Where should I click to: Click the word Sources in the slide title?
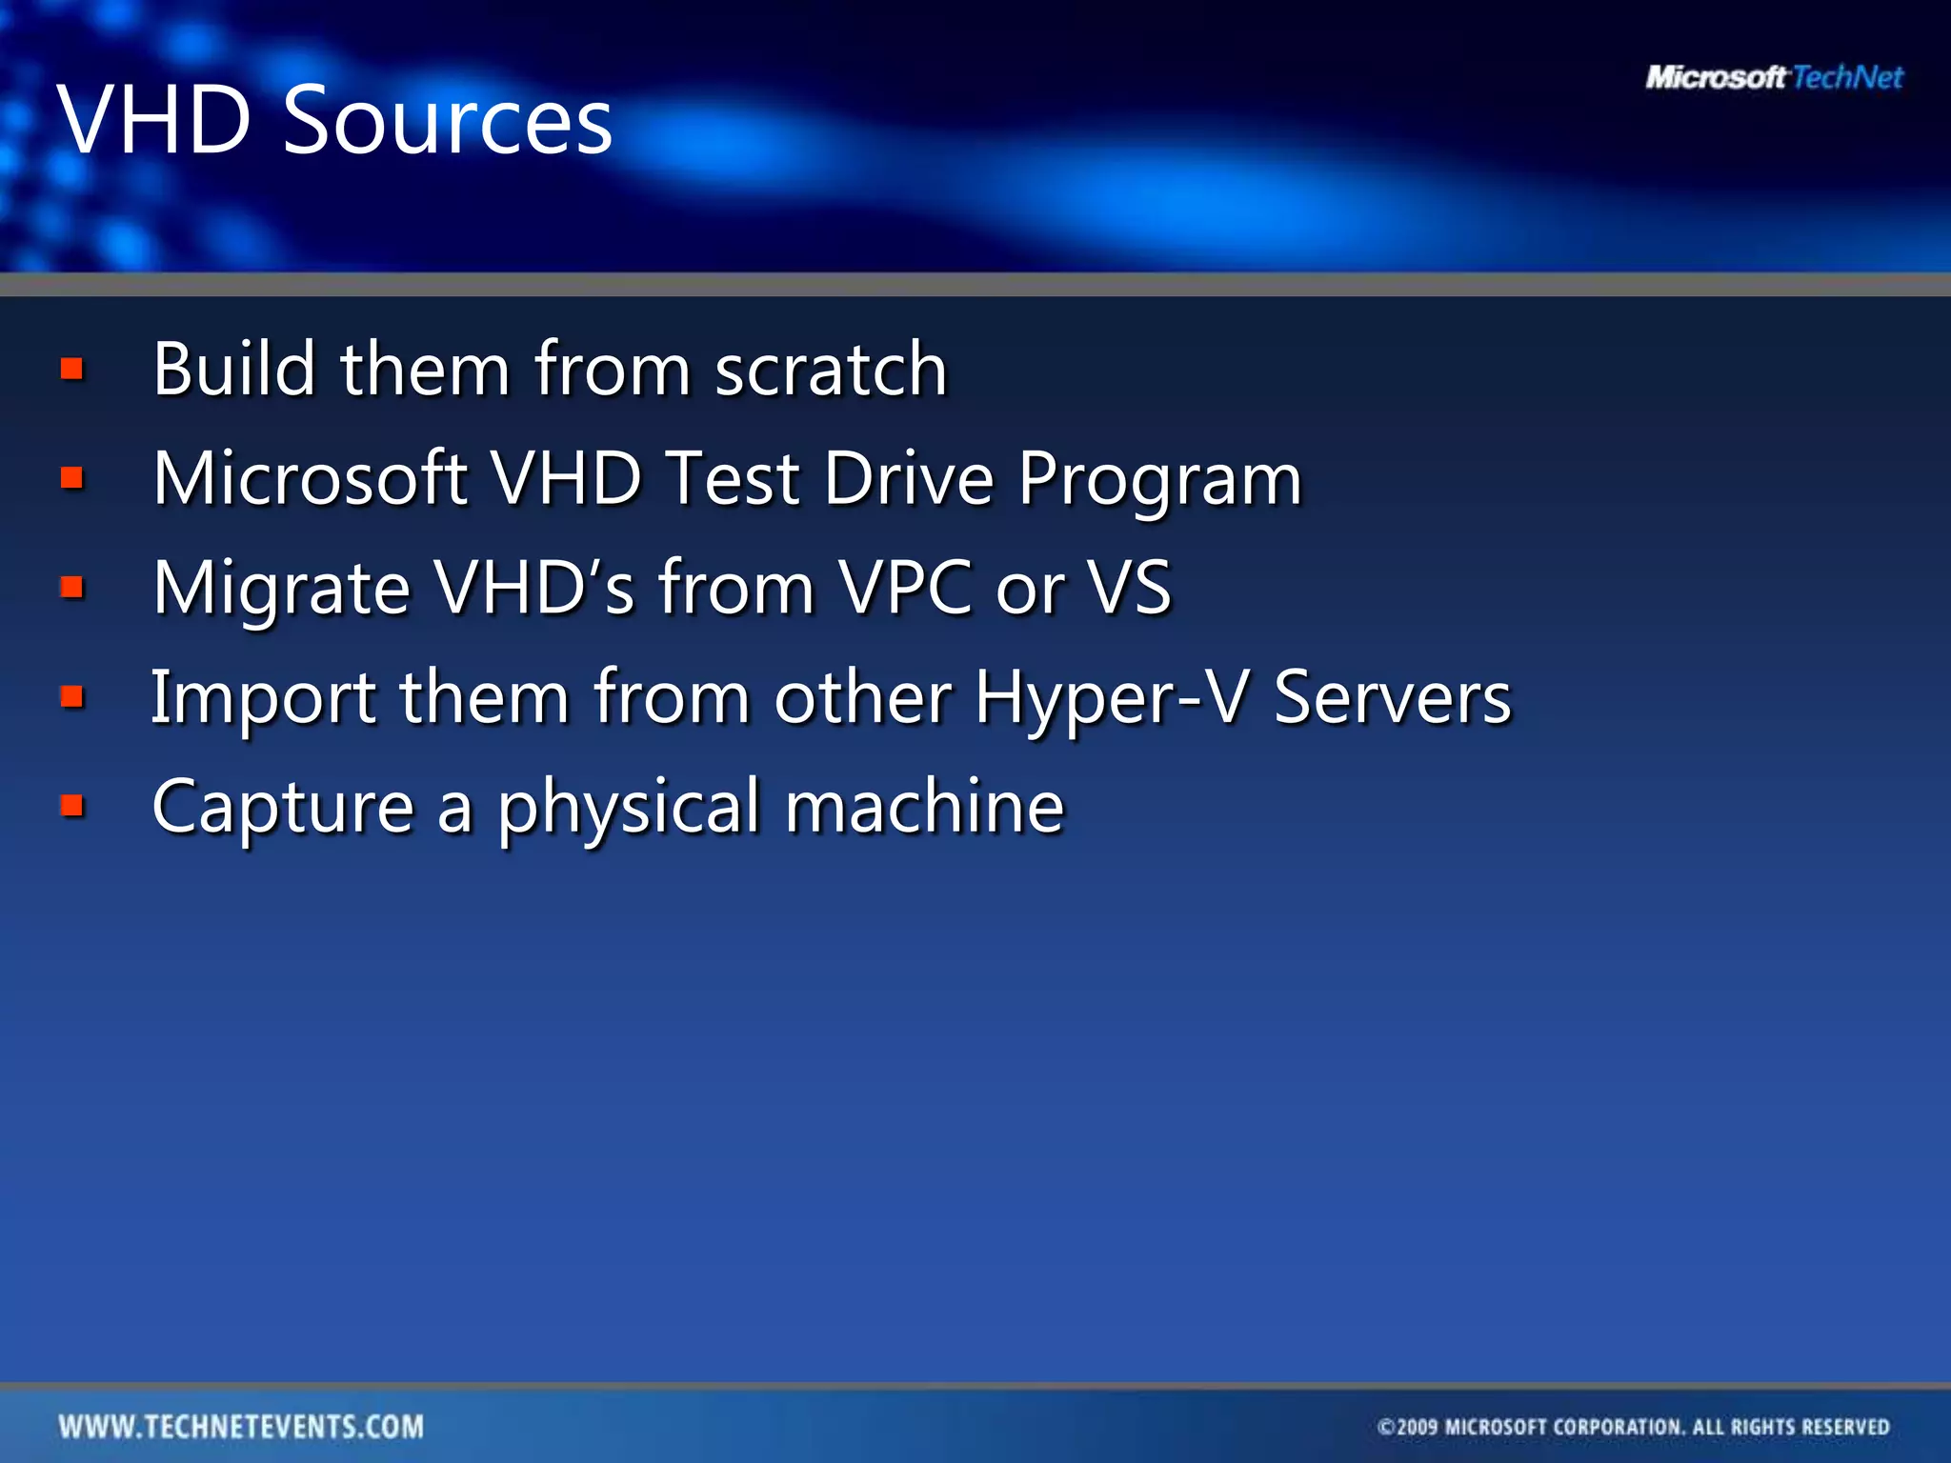[x=448, y=121]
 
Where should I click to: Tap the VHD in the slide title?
[x=153, y=121]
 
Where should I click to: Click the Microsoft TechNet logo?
[x=1774, y=77]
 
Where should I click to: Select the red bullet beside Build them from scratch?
[x=72, y=369]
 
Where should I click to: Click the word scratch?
[x=831, y=370]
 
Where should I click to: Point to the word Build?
[x=234, y=370]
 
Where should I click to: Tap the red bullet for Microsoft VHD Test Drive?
[x=72, y=477]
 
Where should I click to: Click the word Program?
[x=1159, y=479]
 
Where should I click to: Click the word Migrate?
[x=282, y=589]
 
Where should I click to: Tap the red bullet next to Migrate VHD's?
[x=72, y=587]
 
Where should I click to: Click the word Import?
[x=264, y=698]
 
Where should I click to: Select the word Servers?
[x=1392, y=698]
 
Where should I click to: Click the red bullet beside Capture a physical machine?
[x=72, y=807]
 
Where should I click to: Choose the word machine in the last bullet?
[x=924, y=807]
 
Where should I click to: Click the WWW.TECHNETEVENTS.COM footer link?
[x=241, y=1427]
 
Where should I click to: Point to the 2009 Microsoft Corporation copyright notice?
[x=1633, y=1427]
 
